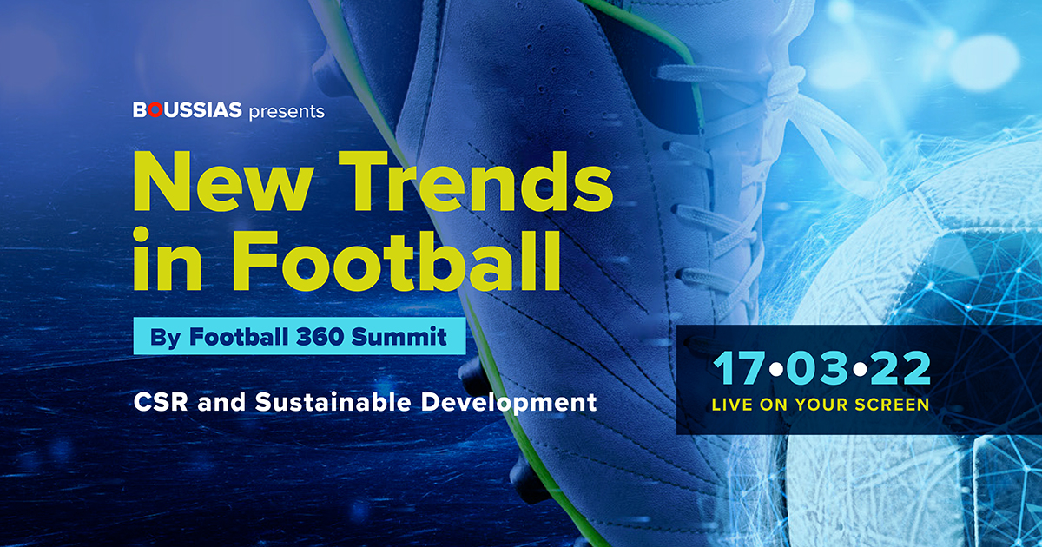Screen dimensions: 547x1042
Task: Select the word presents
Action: pyautogui.click(x=287, y=111)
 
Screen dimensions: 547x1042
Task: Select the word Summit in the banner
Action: pyautogui.click(x=399, y=337)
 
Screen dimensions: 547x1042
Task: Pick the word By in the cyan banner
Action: pyautogui.click(x=166, y=337)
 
